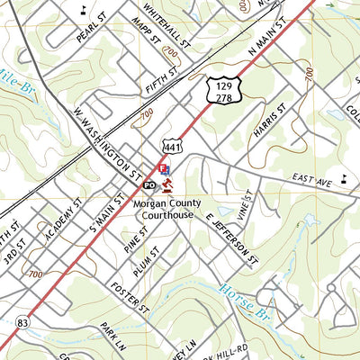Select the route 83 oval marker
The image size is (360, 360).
(22, 322)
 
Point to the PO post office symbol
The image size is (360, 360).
(150, 184)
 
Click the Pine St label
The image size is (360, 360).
(137, 241)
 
